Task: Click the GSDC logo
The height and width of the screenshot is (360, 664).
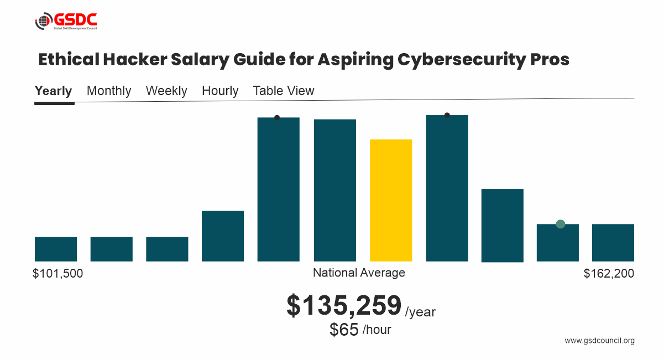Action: [x=66, y=22]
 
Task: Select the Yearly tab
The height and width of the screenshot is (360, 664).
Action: [x=53, y=91]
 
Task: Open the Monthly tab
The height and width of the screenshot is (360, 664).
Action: [x=109, y=91]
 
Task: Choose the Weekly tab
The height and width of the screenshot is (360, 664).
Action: [x=166, y=91]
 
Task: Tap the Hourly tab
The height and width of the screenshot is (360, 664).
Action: [x=220, y=91]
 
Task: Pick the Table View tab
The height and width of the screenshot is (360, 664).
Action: [x=284, y=91]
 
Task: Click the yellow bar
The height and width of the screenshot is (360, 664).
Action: [x=391, y=200]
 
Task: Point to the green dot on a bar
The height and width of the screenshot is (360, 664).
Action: [x=560, y=224]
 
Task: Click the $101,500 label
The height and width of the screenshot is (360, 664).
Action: [x=58, y=273]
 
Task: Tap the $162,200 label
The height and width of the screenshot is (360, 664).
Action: [x=609, y=273]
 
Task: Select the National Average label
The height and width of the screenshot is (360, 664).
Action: [x=359, y=273]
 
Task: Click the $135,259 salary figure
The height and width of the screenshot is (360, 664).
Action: [x=344, y=306]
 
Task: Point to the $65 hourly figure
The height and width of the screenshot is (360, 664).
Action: [x=344, y=330]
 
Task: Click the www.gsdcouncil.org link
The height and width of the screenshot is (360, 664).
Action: [x=599, y=341]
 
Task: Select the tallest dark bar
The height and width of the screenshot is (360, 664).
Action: [x=447, y=188]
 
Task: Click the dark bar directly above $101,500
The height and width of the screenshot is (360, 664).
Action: [x=56, y=249]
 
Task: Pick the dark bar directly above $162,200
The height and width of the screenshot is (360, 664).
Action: [x=613, y=242]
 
